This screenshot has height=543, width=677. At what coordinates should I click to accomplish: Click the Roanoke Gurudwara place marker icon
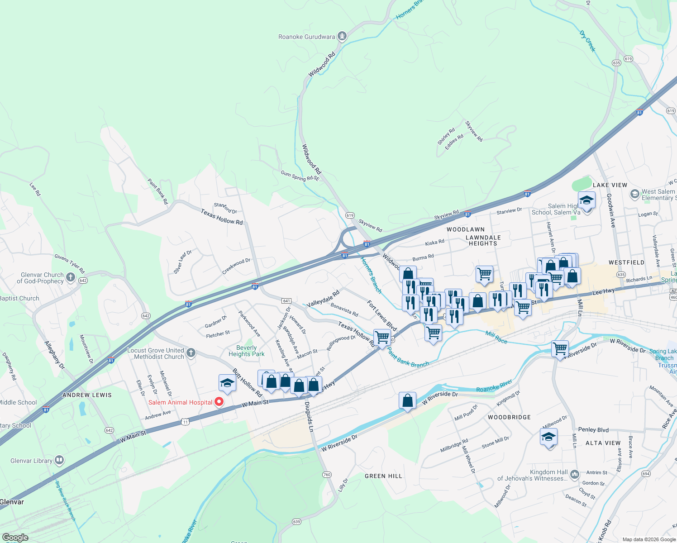pyautogui.click(x=343, y=36)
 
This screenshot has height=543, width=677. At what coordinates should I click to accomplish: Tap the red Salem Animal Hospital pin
pyautogui.click(x=219, y=401)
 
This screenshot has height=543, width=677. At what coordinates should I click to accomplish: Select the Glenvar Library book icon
pyautogui.click(x=59, y=461)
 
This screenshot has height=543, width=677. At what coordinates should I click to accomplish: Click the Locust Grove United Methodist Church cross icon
pyautogui.click(x=191, y=353)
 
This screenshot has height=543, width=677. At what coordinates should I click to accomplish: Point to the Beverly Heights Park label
pyautogui.click(x=246, y=351)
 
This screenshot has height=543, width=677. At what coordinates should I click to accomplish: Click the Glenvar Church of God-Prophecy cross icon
pyautogui.click(x=71, y=277)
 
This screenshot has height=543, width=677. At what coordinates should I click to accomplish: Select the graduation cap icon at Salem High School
pyautogui.click(x=586, y=200)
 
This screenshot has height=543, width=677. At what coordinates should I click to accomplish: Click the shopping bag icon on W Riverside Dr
pyautogui.click(x=407, y=400)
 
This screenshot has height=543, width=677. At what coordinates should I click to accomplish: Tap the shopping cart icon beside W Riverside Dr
pyautogui.click(x=560, y=349)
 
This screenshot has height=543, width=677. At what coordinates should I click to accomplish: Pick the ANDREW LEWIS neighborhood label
pyautogui.click(x=87, y=395)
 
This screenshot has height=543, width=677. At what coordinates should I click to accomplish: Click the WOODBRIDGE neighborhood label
pyautogui.click(x=509, y=417)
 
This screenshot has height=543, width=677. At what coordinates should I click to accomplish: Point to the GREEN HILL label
pyautogui.click(x=383, y=476)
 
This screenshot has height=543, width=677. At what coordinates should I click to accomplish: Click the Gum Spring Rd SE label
pyautogui.click(x=300, y=176)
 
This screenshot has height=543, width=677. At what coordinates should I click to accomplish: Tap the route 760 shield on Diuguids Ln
pyautogui.click(x=327, y=475)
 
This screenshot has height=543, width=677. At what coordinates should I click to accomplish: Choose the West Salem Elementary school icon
pyautogui.click(x=634, y=194)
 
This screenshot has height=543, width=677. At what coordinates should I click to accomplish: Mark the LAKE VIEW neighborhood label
pyautogui.click(x=610, y=185)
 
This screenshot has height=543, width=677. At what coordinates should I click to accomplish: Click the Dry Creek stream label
pyautogui.click(x=587, y=41)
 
